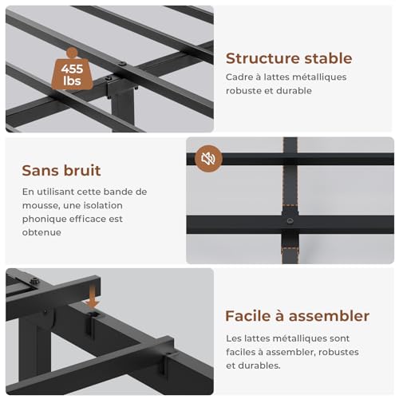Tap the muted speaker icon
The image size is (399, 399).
pos(208,158)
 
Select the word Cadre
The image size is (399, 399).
pos(240,77)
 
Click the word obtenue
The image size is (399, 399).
pos(42,232)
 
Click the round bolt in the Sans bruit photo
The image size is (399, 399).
pos(290,220)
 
